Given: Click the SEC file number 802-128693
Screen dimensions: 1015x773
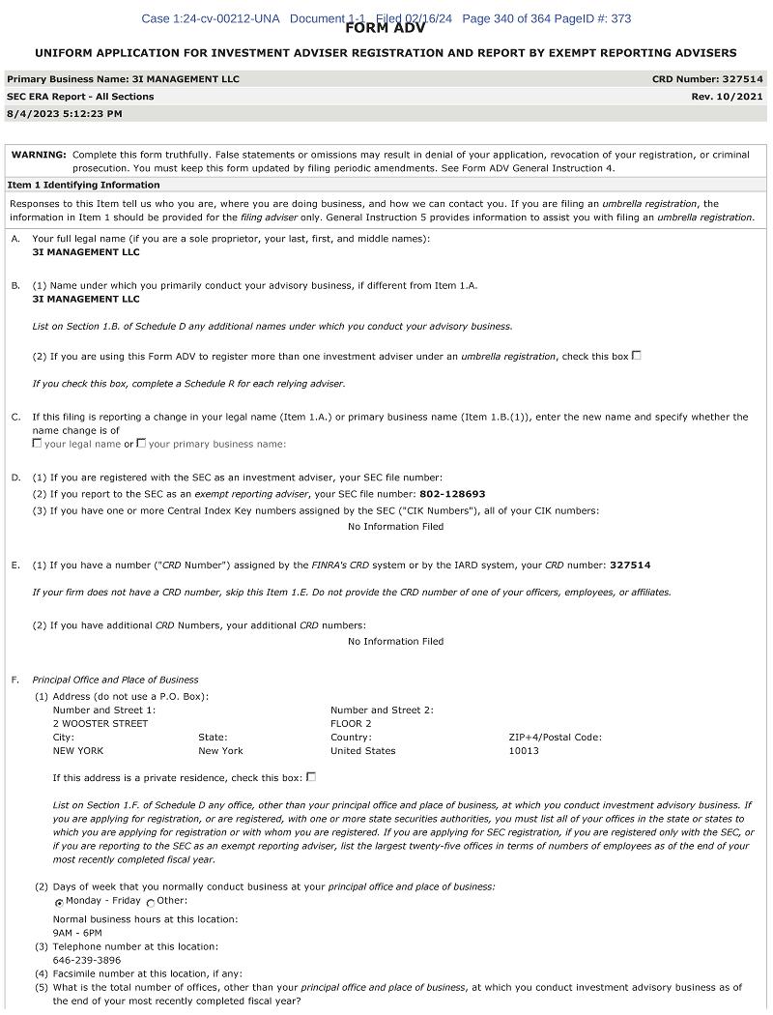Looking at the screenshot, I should click(452, 494).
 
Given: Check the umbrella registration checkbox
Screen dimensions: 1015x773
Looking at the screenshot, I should click(636, 356).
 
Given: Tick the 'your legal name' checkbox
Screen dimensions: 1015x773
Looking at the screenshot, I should click(37, 444).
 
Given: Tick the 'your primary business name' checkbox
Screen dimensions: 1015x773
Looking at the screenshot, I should click(141, 444).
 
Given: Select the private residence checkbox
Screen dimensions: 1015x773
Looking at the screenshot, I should click(310, 776).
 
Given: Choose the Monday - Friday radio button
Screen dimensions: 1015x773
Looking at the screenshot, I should click(59, 902).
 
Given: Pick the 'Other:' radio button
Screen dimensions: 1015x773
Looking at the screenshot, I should click(150, 902).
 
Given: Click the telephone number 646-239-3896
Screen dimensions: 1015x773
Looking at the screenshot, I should click(87, 960).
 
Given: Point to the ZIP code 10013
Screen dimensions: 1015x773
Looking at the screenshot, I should click(524, 750).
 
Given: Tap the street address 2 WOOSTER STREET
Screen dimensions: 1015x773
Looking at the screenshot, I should click(100, 723).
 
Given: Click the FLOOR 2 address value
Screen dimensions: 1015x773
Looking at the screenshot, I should click(351, 723).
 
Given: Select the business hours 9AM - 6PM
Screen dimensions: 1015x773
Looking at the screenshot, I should click(77, 933).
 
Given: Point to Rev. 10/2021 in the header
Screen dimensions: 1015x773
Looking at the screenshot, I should click(727, 97).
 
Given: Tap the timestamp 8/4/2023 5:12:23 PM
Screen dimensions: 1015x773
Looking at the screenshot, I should click(65, 114).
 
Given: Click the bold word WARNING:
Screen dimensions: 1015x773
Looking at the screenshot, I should click(39, 155).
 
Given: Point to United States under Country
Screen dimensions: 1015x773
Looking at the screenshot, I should click(362, 750).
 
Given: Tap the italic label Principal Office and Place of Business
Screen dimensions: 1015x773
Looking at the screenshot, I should click(115, 680).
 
